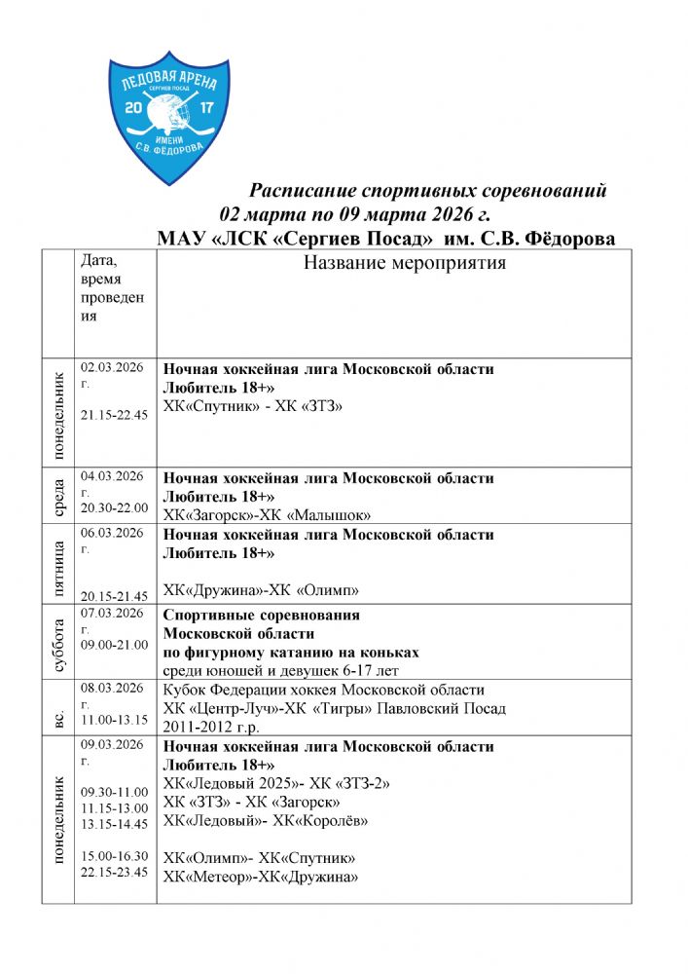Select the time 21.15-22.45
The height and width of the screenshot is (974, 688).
click(x=114, y=415)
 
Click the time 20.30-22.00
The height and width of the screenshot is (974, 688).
click(x=114, y=507)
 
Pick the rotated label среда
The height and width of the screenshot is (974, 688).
click(x=57, y=498)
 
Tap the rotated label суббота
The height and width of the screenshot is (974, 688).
click(x=57, y=646)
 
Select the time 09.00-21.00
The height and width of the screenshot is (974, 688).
click(x=114, y=644)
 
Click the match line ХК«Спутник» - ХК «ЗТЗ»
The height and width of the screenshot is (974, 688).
click(x=253, y=405)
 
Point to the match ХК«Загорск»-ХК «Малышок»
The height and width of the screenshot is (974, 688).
click(x=267, y=514)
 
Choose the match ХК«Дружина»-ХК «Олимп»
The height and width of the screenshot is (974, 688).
click(x=261, y=590)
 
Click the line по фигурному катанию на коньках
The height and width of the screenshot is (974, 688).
click(x=291, y=652)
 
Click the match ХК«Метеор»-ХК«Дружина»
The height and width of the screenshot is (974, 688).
click(x=260, y=877)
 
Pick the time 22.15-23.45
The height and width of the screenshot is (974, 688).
click(x=114, y=872)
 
